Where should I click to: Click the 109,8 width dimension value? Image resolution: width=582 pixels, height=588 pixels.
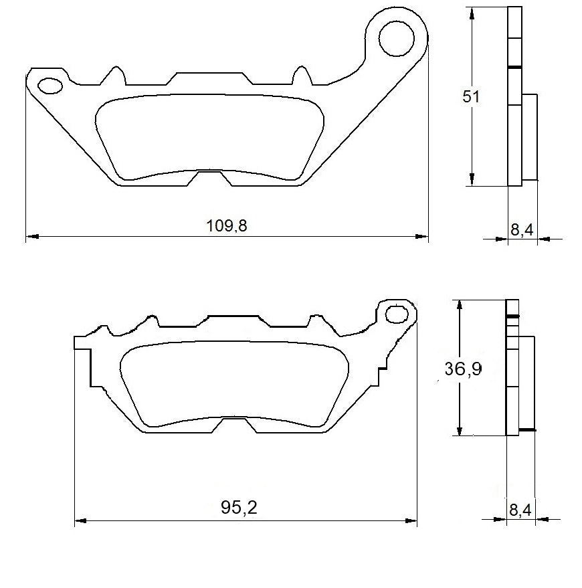(x=227, y=226)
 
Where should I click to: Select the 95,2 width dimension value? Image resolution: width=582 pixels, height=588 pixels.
(x=239, y=508)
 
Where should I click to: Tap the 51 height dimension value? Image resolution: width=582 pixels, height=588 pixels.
(x=472, y=96)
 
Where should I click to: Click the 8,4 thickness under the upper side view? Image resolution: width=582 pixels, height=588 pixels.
(x=522, y=230)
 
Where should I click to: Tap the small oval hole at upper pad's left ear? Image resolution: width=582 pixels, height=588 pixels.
(x=50, y=85)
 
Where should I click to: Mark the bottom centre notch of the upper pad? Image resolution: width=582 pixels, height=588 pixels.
(x=209, y=177)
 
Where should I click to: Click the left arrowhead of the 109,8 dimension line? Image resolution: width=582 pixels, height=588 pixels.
(x=31, y=236)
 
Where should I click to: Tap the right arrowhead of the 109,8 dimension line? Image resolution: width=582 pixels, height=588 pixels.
(x=423, y=236)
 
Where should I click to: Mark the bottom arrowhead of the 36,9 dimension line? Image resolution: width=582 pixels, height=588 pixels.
(x=459, y=431)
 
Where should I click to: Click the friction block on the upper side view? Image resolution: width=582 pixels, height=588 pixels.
(x=529, y=137)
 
